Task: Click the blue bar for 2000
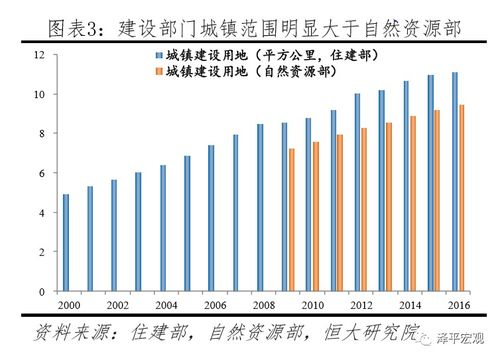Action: point(66,243)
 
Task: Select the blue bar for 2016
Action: point(455,182)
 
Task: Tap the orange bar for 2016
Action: point(462,198)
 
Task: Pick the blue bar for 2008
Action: point(260,208)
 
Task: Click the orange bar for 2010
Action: point(316,217)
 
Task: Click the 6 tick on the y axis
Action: point(40,173)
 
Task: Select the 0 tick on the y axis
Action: point(40,291)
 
